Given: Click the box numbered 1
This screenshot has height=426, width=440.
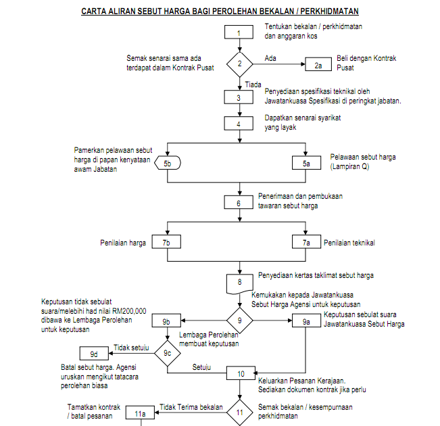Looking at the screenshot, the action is point(239,32).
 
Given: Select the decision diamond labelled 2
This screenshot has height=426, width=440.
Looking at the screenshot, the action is point(240,64).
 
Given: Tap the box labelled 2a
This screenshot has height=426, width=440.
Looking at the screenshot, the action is point(318,64).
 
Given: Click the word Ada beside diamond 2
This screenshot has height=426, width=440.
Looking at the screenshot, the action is point(270,58).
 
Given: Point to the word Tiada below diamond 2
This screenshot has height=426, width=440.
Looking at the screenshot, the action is point(253,85).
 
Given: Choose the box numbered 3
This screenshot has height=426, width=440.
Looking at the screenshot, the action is point(239,97).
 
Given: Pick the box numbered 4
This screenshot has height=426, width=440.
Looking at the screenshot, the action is point(239,124).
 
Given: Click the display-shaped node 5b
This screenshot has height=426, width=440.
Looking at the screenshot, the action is point(168,163).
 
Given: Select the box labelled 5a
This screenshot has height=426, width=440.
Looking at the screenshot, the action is point(306,163).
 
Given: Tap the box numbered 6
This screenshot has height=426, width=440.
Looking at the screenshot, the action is point(239,202).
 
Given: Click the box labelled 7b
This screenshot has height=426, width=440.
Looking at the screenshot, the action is point(166,242).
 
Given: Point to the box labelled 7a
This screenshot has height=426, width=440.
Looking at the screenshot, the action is point(306,242).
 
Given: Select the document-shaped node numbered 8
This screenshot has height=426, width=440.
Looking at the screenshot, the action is point(239,283).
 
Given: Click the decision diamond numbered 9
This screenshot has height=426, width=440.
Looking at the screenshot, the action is point(240,321).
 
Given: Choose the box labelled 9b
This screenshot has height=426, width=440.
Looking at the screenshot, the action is point(166,321).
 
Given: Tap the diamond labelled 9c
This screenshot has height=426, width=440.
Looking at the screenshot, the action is point(168,353).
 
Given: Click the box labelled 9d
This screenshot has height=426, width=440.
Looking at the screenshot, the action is point(94,353).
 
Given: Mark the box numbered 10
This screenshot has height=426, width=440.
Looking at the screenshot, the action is point(241,373).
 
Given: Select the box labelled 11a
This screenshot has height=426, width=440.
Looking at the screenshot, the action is point(140,412).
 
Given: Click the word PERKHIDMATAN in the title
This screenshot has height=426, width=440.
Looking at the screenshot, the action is point(329,11).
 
